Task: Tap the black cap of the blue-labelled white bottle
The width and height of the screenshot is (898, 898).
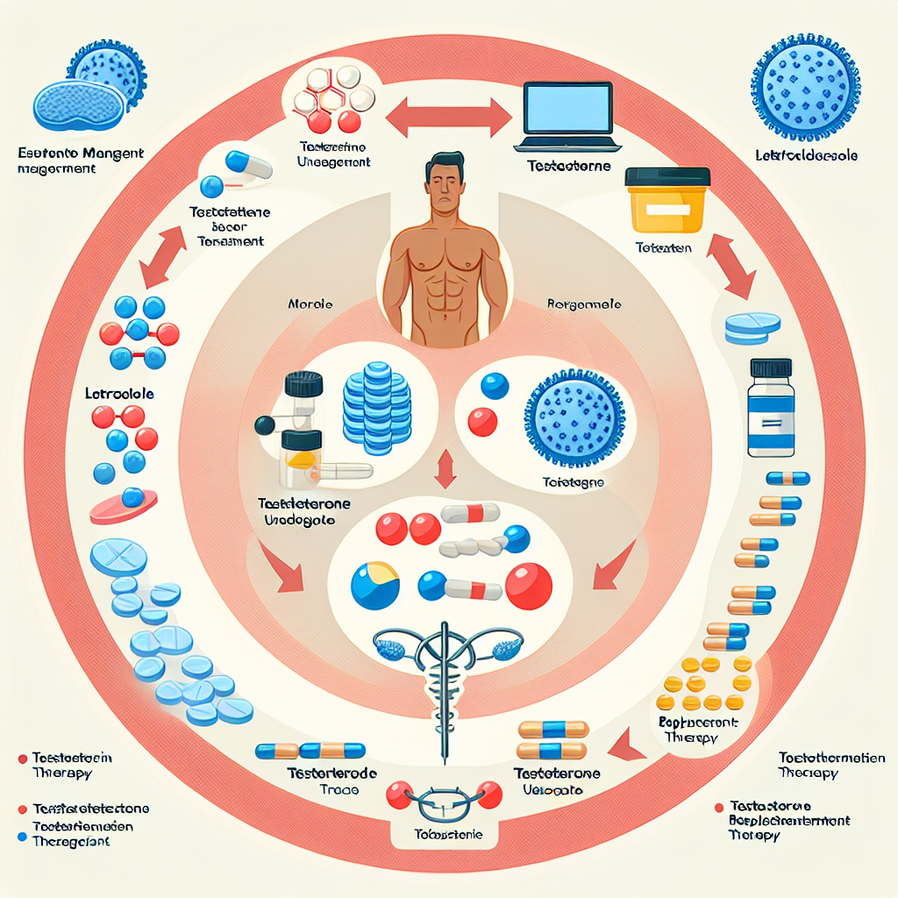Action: click(771, 367)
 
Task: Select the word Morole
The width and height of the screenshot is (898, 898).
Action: click(310, 305)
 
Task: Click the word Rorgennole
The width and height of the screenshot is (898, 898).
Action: click(584, 304)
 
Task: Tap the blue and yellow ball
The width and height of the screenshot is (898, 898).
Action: click(374, 585)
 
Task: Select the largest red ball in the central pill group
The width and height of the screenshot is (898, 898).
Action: click(528, 585)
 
